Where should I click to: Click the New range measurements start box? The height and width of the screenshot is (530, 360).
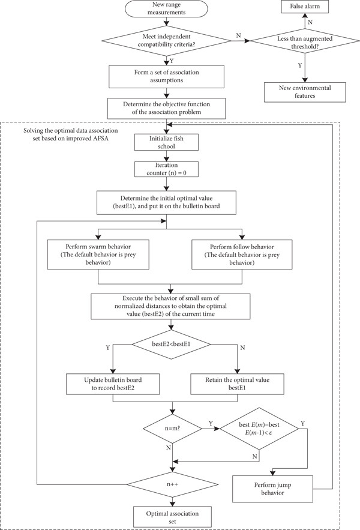click(x=166, y=8)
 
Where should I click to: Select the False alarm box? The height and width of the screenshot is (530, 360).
click(x=305, y=7)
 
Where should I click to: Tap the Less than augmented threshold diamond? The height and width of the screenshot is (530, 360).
click(x=305, y=41)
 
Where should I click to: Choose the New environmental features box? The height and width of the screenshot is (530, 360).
click(x=305, y=92)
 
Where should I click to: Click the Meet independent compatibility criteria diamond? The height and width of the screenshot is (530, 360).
click(x=166, y=41)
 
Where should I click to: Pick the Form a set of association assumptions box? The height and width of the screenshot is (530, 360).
click(x=166, y=76)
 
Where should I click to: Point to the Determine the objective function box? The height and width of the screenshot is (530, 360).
click(x=166, y=108)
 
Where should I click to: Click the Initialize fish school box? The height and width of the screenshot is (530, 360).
click(x=166, y=142)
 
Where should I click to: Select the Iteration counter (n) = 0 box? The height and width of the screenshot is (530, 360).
click(x=166, y=169)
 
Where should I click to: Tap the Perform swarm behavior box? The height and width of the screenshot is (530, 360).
click(x=98, y=254)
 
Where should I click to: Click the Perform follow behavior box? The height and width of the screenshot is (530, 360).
click(x=242, y=254)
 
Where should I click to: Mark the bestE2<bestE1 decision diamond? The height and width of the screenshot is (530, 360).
click(x=171, y=345)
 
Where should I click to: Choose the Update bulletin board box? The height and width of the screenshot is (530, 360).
click(x=113, y=384)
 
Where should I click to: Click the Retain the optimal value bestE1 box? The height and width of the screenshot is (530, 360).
click(x=237, y=384)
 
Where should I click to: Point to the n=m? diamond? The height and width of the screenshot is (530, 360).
click(x=172, y=429)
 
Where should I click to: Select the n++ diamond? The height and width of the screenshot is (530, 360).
click(x=172, y=484)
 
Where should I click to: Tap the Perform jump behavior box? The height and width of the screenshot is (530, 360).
click(x=272, y=489)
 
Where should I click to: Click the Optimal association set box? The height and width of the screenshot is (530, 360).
click(x=172, y=517)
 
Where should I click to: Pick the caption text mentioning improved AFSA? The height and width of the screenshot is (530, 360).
click(x=71, y=134)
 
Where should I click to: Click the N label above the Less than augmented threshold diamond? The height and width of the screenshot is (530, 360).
click(x=310, y=22)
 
